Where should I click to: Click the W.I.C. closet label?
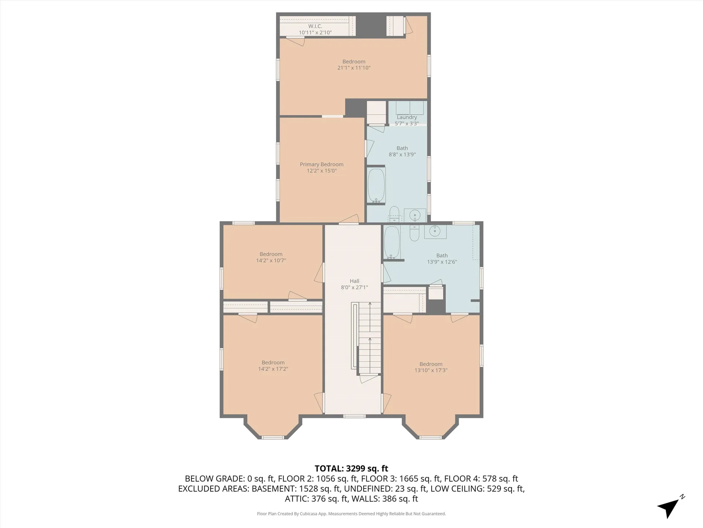point(315,26)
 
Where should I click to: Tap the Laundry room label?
point(407,117)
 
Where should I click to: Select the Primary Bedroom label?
point(321,164)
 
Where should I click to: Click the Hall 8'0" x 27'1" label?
point(354,284)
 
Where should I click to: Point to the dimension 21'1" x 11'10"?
point(354,68)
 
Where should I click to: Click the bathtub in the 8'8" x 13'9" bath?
point(376,185)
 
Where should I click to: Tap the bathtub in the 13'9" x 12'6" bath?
point(392,242)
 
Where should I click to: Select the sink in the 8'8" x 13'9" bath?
point(415,214)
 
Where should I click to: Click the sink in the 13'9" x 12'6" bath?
point(435,231)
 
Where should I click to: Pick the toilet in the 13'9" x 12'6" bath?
point(414,233)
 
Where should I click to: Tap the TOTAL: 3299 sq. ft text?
point(351,468)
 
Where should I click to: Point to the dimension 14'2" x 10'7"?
point(271,261)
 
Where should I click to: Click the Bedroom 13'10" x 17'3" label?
point(431,367)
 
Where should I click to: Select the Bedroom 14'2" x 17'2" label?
point(273,366)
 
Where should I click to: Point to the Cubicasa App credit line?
point(351,514)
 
